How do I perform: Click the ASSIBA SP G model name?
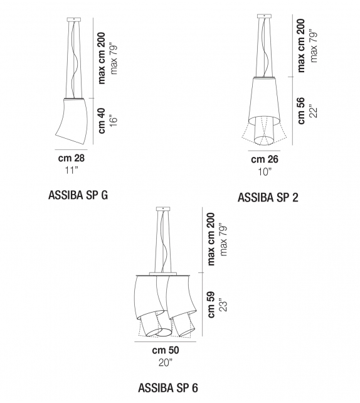[78, 195]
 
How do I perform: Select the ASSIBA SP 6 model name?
[168, 387]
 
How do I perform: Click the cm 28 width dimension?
[72, 158]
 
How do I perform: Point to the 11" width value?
[72, 169]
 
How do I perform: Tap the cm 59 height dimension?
[211, 304]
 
